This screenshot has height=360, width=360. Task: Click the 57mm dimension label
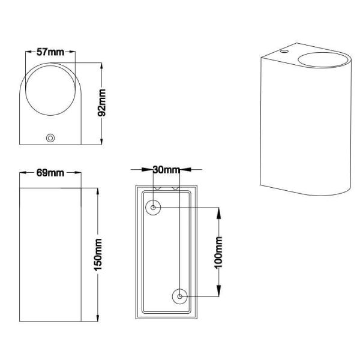pyautogui.click(x=50, y=52)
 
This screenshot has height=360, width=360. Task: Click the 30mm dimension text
pyautogui.click(x=166, y=170)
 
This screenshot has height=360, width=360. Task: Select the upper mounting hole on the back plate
pyautogui.click(x=153, y=208)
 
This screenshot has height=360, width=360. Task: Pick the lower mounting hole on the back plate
pyautogui.click(x=179, y=296)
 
